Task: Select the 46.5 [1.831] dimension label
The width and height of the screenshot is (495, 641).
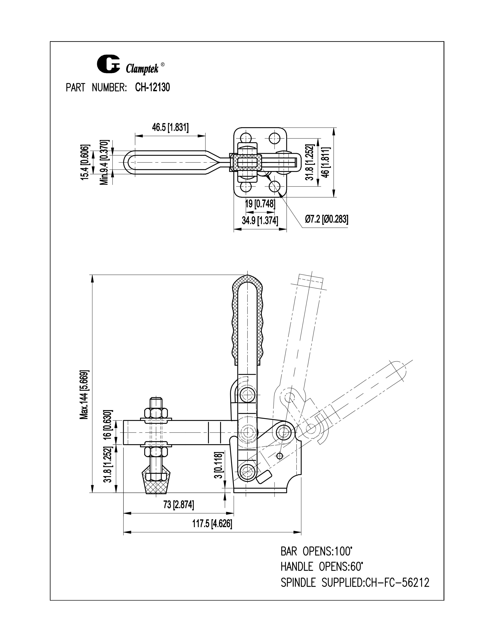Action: (170, 127)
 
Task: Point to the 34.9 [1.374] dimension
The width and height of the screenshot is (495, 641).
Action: (260, 220)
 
